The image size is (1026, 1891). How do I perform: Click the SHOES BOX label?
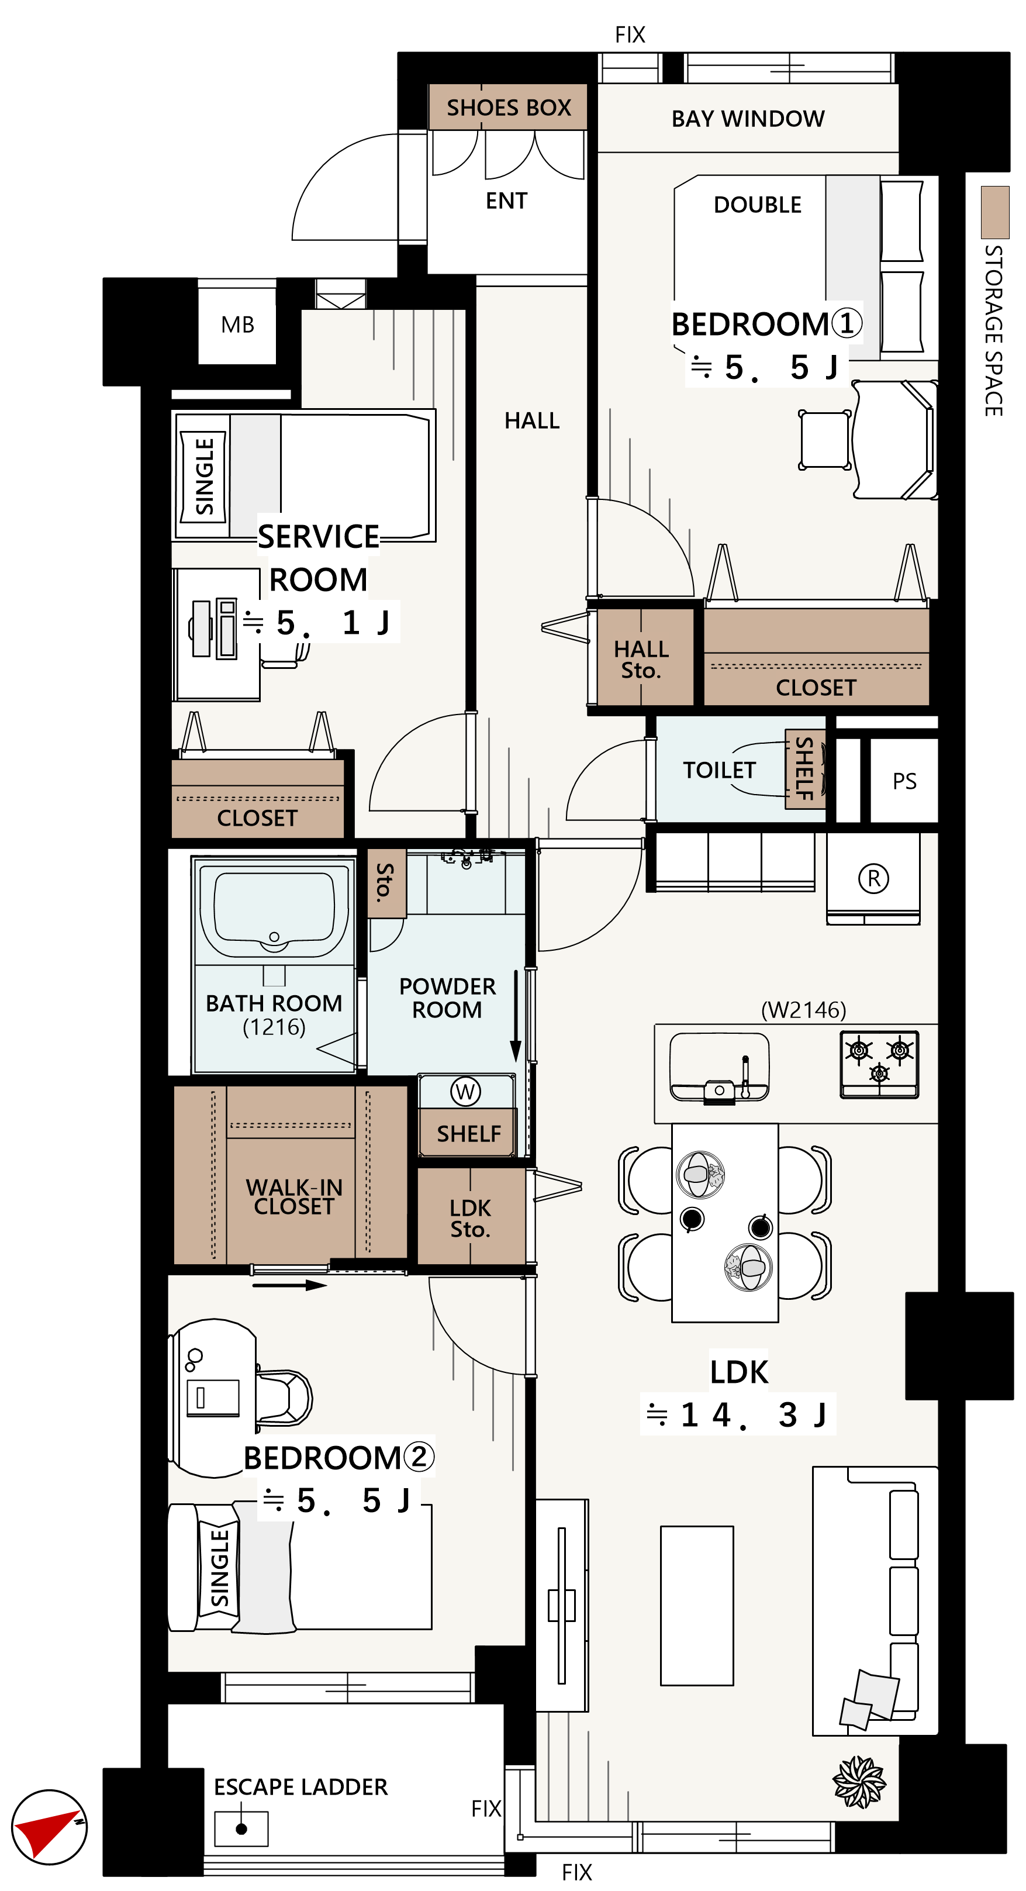coord(509,108)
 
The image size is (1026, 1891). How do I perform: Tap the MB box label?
coord(238,325)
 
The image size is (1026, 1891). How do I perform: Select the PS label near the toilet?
coord(904,781)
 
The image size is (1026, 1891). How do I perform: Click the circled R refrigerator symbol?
coord(873,878)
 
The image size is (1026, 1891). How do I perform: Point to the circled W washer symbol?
coord(465,1092)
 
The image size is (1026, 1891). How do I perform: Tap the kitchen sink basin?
coord(719,1067)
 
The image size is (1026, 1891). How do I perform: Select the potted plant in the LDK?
coord(859,1782)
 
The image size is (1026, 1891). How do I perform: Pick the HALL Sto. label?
coord(641,659)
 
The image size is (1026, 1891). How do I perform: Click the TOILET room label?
coord(719,770)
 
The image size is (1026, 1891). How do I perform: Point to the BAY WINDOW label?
coord(748,119)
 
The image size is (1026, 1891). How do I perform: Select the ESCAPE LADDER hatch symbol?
coord(241,1828)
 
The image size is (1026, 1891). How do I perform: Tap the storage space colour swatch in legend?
coord(995,212)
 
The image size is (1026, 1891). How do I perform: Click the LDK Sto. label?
coord(471,1219)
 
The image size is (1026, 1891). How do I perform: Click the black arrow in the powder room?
coord(516,1016)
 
